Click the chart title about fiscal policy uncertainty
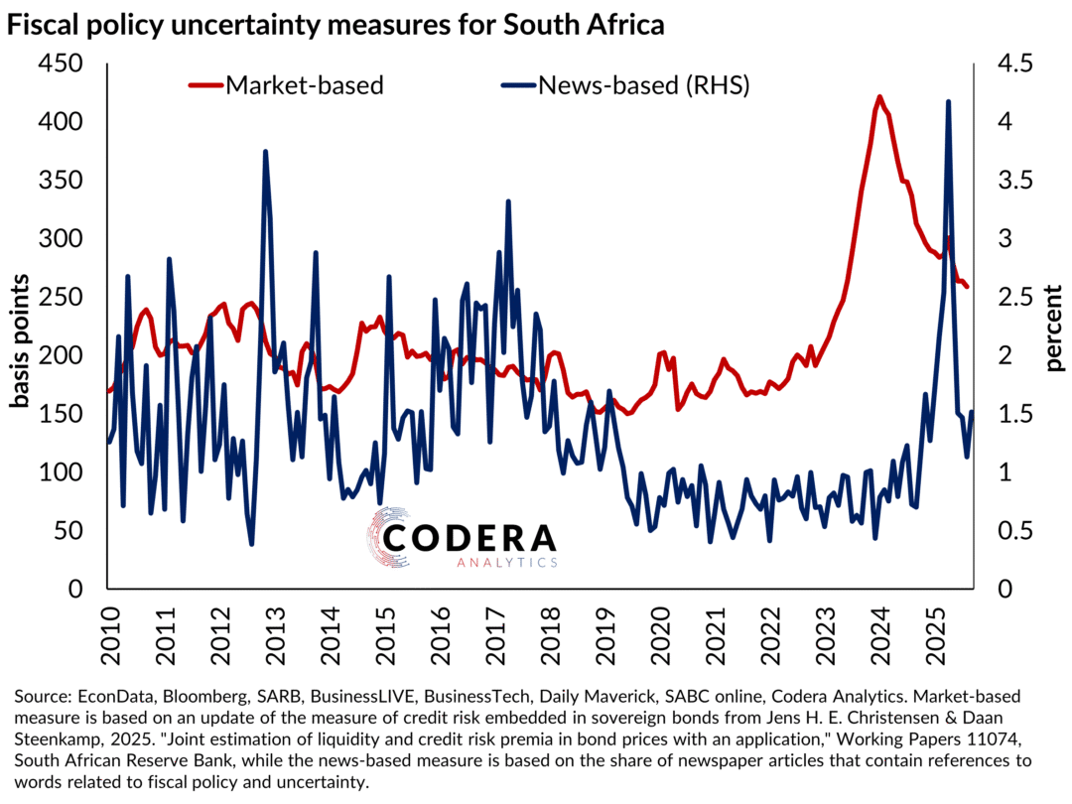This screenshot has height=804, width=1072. click(x=335, y=27)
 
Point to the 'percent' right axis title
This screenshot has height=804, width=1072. click(x=1053, y=327)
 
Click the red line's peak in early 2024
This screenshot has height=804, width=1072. click(x=880, y=97)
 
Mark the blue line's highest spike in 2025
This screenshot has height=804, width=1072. click(x=949, y=101)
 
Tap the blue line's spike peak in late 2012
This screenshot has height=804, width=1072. click(x=265, y=152)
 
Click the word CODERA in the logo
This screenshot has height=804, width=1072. click(x=470, y=537)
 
